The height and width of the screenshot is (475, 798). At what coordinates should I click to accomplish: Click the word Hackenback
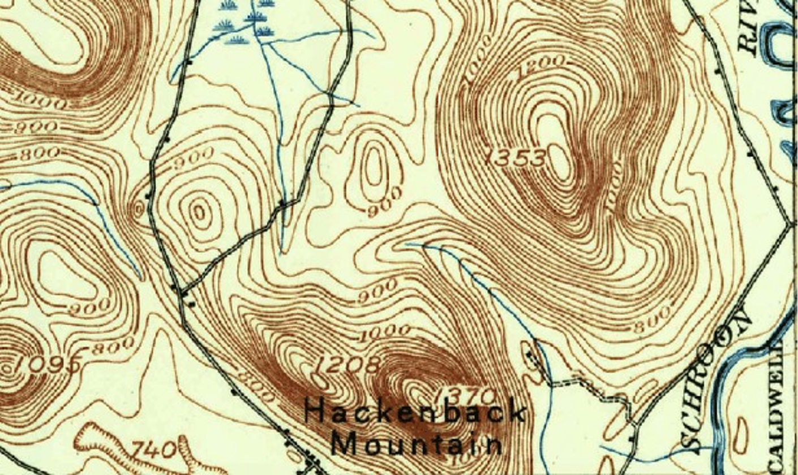click(414, 412)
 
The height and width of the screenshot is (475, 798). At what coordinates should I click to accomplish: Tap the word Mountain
click(416, 444)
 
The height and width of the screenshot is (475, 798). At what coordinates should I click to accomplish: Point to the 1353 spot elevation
click(517, 159)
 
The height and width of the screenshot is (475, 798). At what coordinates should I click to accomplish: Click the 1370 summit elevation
click(466, 394)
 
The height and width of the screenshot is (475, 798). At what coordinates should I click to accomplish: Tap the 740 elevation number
click(154, 451)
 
